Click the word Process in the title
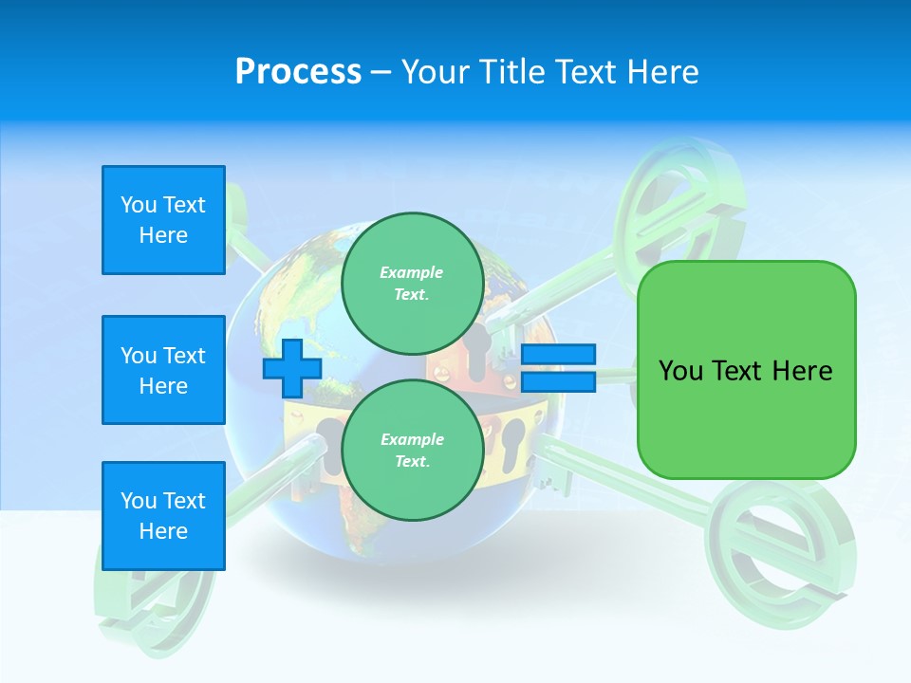click(x=298, y=72)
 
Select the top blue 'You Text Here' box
click(x=163, y=220)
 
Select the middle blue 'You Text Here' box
click(x=163, y=370)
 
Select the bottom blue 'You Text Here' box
click(x=163, y=516)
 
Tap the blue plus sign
click(x=291, y=368)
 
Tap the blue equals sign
click(x=558, y=368)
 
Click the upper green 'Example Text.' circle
click(x=412, y=283)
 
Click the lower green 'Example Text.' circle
click(x=412, y=450)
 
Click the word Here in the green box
click(x=802, y=370)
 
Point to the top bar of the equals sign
click(x=558, y=355)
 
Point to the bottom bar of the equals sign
click(x=558, y=381)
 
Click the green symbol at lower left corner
click(x=133, y=607)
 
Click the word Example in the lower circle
click(x=412, y=439)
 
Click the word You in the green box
click(x=680, y=370)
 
